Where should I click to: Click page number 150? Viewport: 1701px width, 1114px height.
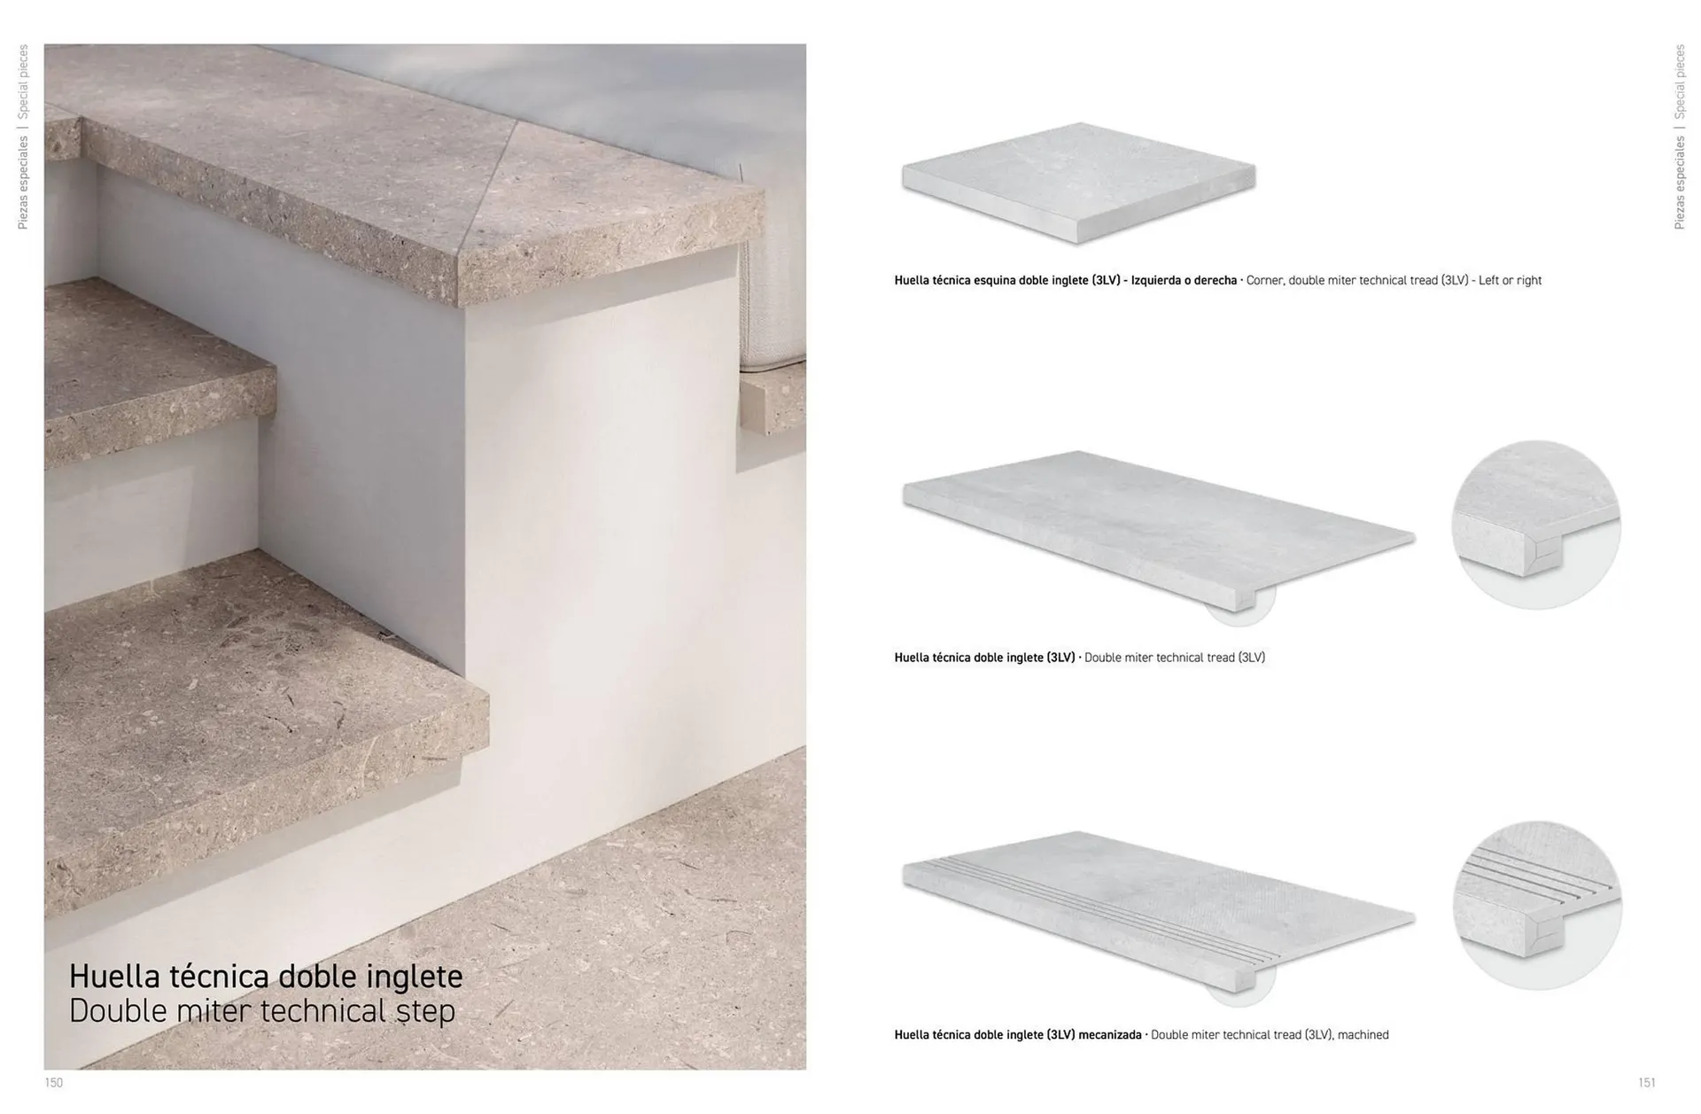[54, 1082]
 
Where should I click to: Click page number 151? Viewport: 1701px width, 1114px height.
[1647, 1082]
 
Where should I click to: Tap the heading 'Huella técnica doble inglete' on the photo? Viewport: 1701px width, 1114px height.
[266, 976]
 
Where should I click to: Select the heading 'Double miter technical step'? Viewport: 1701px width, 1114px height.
[262, 1011]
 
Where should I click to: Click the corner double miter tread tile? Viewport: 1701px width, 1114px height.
[1078, 182]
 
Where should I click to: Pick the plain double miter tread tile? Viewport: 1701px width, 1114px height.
[1158, 530]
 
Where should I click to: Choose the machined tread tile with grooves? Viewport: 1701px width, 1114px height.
[1158, 910]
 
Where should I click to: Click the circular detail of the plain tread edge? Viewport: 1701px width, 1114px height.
[1536, 525]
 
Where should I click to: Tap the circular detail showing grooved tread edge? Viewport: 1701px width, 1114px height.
[1537, 905]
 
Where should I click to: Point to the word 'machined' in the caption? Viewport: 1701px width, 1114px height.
[1363, 1034]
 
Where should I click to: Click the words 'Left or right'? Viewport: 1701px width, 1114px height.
[1511, 280]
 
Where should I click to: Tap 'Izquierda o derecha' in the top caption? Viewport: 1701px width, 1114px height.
[1184, 280]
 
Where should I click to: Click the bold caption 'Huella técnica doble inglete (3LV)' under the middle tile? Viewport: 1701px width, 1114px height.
[984, 658]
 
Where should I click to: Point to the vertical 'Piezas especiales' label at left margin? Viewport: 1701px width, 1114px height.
[23, 183]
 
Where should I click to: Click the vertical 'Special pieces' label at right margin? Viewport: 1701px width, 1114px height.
[1680, 82]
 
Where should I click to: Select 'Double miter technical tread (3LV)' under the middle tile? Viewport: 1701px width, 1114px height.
[1175, 658]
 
